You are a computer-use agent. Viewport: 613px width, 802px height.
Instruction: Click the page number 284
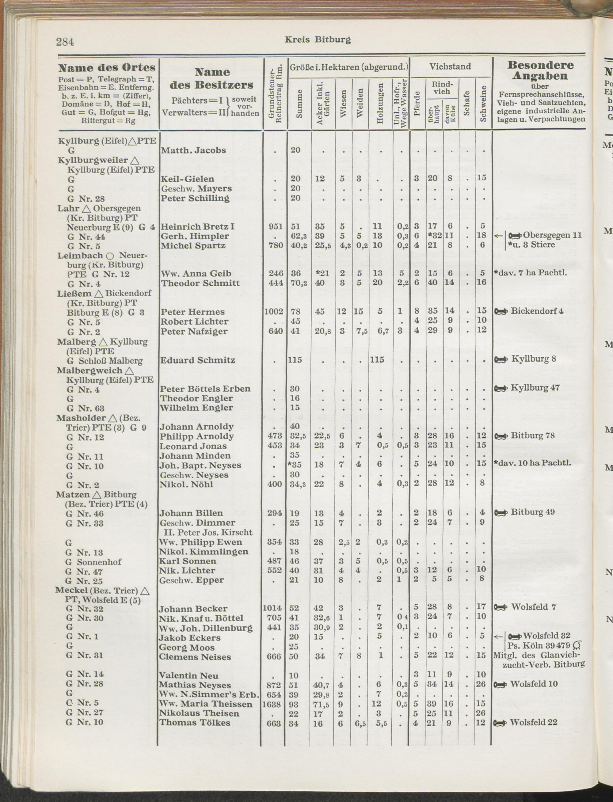[65, 42]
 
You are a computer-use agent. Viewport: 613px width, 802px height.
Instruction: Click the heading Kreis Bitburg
[318, 40]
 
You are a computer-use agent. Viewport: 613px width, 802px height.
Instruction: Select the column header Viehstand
[450, 67]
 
